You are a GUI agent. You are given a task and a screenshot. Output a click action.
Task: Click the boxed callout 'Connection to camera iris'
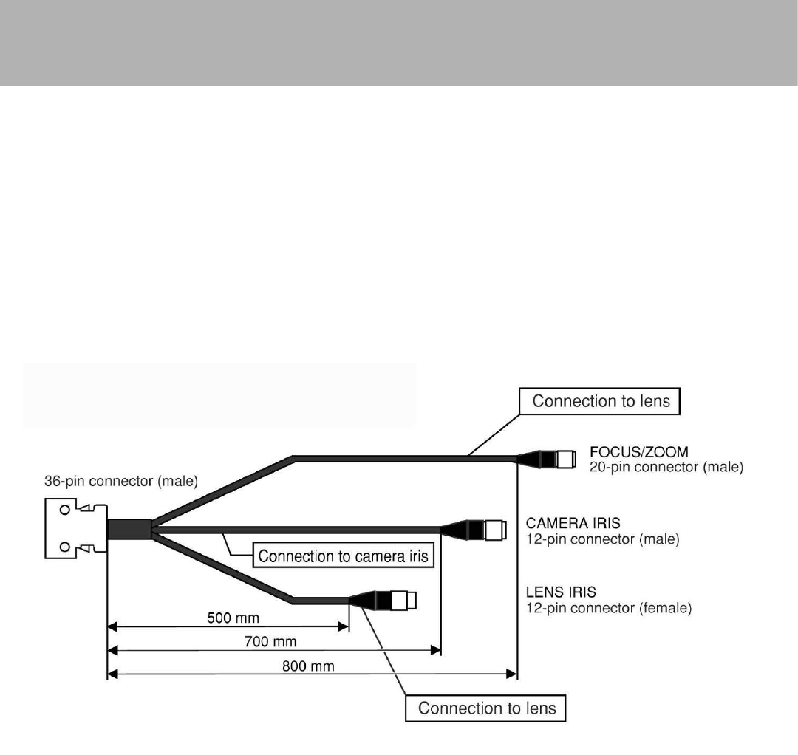(344, 556)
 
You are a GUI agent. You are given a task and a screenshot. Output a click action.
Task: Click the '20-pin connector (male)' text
(667, 467)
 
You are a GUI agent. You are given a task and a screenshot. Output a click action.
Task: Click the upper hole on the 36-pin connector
(65, 510)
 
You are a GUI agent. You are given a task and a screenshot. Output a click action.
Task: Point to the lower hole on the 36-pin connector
(65, 547)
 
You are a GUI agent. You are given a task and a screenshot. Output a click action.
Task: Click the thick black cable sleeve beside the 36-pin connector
(129, 529)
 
